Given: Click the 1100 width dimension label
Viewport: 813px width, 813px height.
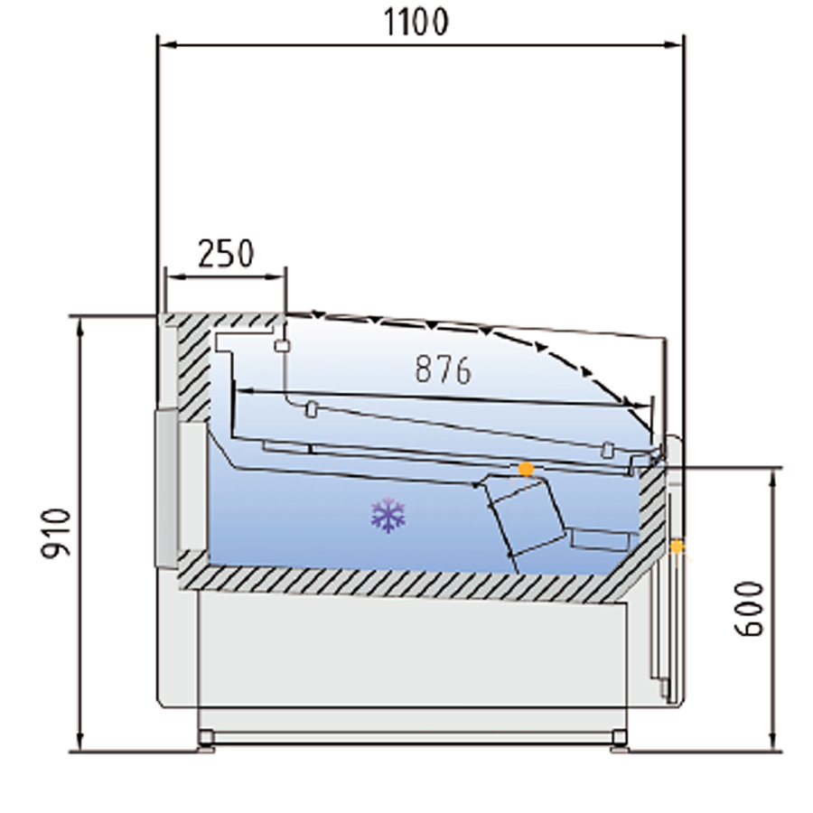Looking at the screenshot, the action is (x=416, y=23).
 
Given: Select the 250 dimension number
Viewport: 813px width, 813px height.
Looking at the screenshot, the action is (x=226, y=253).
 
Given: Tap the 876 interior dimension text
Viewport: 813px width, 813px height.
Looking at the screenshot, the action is (x=444, y=369).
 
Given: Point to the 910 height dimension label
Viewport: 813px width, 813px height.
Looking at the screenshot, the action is (x=56, y=534).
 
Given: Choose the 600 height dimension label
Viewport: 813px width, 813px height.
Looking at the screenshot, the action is (x=750, y=609).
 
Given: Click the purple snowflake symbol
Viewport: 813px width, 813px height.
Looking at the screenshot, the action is (x=388, y=516).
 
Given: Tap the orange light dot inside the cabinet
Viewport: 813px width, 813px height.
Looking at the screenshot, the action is (x=527, y=469).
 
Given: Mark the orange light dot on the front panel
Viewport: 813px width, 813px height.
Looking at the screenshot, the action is (x=677, y=547).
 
